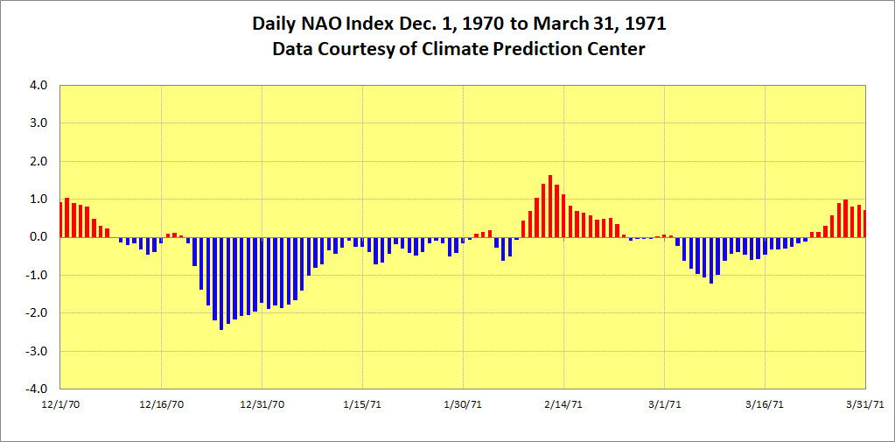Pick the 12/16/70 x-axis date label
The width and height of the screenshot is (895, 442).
161,404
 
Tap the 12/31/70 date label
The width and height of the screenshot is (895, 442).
262,404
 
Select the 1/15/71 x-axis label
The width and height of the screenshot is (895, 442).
362,404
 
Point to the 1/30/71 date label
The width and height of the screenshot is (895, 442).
463,404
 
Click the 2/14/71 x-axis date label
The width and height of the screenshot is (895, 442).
563,404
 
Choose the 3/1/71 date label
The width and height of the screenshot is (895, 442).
664,404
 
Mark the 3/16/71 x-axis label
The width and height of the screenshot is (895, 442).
765,404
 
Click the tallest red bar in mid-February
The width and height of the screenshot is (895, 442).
550,207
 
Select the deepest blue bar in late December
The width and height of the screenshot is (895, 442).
221,283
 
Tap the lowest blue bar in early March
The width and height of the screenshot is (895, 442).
711,260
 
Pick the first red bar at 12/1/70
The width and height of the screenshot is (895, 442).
60,220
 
